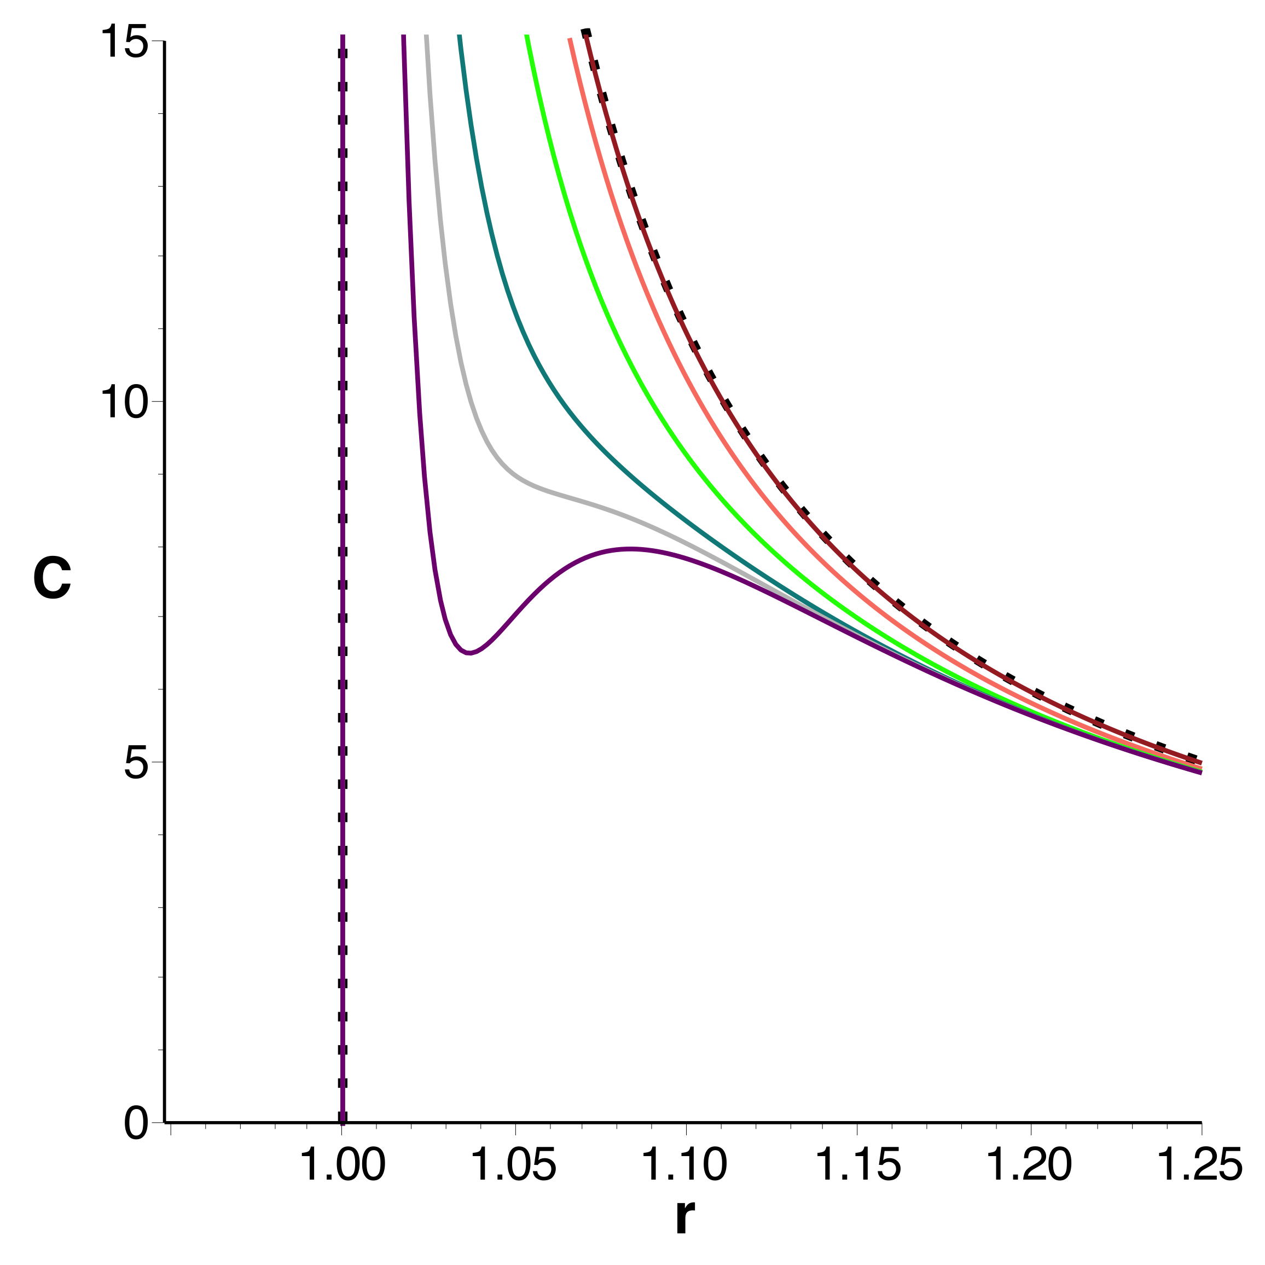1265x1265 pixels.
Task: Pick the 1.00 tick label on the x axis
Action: pos(342,1164)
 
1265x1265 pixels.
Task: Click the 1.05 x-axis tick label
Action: pos(514,1164)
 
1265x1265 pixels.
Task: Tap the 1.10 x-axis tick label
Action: pos(686,1164)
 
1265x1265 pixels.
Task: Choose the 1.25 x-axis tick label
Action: pos(1199,1164)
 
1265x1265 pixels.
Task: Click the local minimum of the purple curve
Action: pos(469,652)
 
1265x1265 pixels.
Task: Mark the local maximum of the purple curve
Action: pos(630,549)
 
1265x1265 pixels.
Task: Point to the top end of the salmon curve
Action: pos(570,39)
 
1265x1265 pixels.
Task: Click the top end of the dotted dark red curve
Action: pos(587,31)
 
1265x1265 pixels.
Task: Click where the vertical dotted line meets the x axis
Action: pos(342,1122)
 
